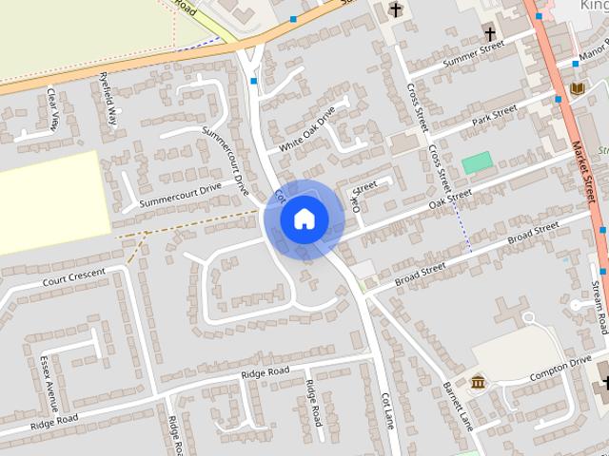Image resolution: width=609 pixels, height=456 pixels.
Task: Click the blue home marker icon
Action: coord(304,218)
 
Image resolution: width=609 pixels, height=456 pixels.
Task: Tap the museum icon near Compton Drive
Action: coord(478,382)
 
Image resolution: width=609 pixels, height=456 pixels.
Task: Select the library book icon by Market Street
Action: coord(577,88)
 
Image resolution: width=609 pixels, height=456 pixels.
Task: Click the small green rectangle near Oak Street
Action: coord(478,162)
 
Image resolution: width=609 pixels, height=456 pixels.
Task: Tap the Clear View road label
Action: coord(53,108)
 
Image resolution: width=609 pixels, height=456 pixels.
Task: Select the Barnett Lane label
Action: coord(459,406)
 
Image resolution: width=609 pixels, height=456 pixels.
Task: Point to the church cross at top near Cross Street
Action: coord(396,9)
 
